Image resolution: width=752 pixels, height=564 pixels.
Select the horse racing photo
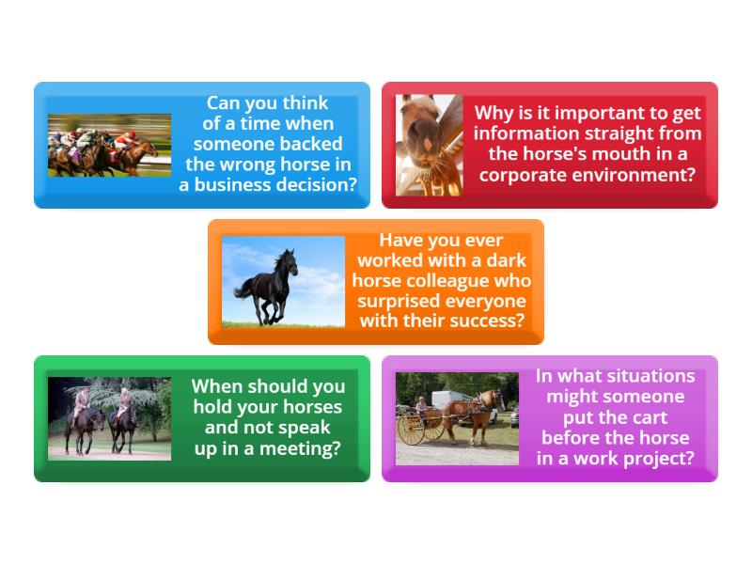point(109,146)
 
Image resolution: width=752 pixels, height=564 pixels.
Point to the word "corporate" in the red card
point(520,176)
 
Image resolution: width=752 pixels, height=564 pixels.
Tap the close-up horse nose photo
point(430,146)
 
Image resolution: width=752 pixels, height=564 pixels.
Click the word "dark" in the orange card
point(507,260)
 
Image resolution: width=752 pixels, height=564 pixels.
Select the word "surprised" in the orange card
point(399,302)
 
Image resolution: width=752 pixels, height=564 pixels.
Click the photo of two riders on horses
point(109,418)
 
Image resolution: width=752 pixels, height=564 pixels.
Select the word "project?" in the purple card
point(662,459)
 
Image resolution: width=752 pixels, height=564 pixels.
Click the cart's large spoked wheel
point(411,430)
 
